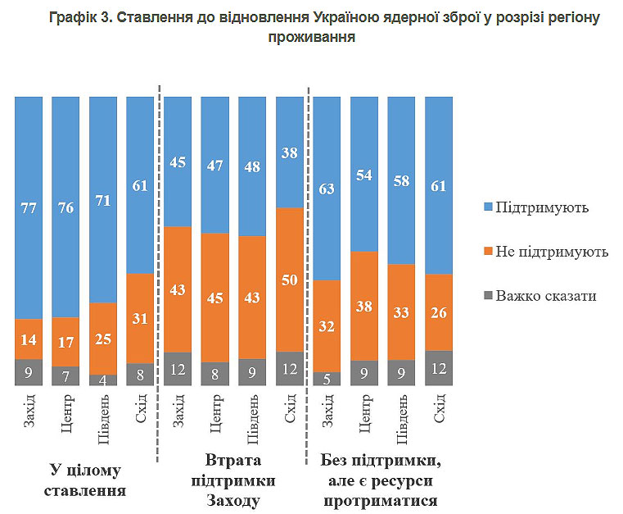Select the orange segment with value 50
[289, 280]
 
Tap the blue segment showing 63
[327, 188]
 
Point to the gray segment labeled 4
[103, 380]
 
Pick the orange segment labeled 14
[29, 339]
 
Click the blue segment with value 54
[363, 174]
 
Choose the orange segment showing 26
[438, 312]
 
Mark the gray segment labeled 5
[327, 379]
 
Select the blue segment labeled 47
[214, 165]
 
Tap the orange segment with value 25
[103, 339]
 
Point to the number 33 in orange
[400, 312]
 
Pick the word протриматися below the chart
[380, 500]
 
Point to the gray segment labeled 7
[65, 375]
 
